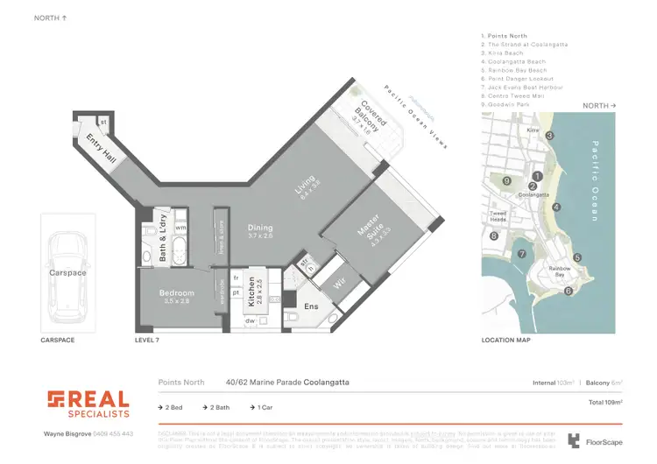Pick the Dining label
click(260, 229)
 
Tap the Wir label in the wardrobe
click(341, 284)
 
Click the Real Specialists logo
click(88, 404)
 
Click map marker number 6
click(569, 291)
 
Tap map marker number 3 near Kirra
click(550, 136)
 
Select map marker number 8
click(494, 236)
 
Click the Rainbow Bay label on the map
click(559, 271)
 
